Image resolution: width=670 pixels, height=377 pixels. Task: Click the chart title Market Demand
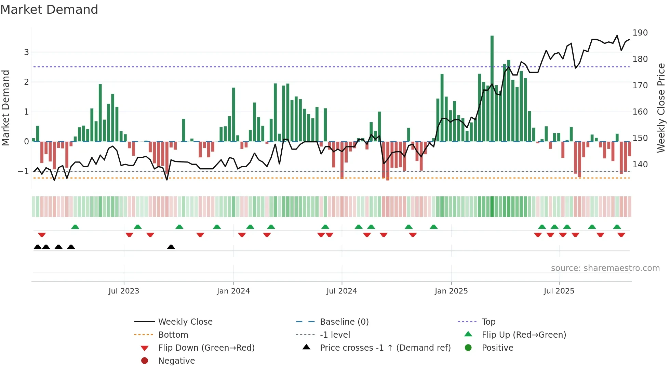tap(49, 10)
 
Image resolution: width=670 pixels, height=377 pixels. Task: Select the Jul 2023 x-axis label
tap(124, 291)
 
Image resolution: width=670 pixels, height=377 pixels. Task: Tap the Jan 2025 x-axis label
tap(451, 291)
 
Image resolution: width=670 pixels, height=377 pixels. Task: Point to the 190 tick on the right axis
tap(640, 33)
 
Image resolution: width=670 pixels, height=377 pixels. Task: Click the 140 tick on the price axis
tap(640, 165)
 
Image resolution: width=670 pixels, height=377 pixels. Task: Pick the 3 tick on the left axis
tap(26, 52)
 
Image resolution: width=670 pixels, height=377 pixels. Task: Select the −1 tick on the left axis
tap(24, 171)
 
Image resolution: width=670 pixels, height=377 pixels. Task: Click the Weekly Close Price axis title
tap(661, 108)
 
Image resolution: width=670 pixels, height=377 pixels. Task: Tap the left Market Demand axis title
tap(6, 108)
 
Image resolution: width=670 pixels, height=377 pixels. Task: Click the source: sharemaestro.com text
tap(605, 268)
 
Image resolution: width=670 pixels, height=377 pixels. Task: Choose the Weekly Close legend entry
tap(185, 322)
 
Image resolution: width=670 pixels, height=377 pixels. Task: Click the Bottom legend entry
tap(173, 335)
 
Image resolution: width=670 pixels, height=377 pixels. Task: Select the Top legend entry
tap(488, 322)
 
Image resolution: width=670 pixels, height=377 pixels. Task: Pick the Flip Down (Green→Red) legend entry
tap(206, 348)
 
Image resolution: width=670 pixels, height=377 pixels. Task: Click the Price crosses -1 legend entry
tap(385, 348)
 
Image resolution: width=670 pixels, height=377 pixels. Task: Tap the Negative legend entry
tap(176, 361)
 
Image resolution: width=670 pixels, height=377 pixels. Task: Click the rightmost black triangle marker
tap(171, 247)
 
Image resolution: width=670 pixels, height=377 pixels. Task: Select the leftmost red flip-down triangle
tap(42, 235)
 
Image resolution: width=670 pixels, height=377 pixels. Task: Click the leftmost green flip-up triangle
tap(75, 227)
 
